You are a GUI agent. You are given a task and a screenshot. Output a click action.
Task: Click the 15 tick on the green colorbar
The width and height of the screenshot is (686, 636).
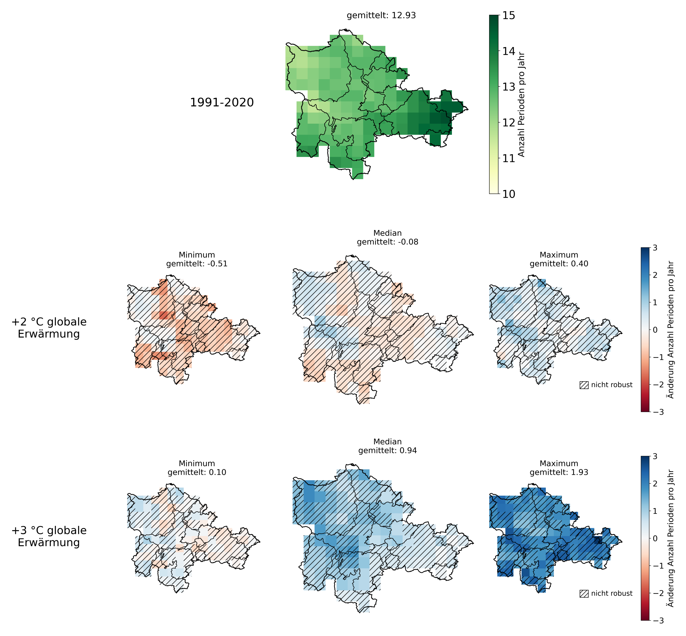click(508, 15)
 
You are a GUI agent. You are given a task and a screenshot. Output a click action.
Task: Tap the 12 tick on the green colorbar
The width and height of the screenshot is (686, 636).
click(508, 122)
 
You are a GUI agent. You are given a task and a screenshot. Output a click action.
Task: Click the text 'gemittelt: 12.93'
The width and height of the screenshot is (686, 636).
click(381, 15)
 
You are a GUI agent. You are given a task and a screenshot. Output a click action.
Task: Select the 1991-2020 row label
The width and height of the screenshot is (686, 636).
click(222, 102)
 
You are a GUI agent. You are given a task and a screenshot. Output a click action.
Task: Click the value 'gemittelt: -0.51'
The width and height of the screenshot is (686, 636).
click(197, 264)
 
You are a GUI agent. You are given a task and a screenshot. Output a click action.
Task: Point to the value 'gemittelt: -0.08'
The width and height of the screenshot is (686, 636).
click(387, 242)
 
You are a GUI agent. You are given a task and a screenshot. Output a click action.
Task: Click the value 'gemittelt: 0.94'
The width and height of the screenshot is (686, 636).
click(387, 450)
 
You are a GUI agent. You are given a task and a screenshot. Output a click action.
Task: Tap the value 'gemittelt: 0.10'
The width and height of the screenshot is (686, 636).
click(197, 472)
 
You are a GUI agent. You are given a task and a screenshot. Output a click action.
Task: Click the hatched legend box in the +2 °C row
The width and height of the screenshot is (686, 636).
click(584, 385)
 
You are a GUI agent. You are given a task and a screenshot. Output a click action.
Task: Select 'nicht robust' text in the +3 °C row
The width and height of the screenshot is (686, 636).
click(612, 593)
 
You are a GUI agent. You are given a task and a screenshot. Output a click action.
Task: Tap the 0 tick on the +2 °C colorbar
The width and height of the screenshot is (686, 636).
click(654, 330)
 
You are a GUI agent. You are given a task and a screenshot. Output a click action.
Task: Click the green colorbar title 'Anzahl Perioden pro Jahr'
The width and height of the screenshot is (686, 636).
click(521, 105)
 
